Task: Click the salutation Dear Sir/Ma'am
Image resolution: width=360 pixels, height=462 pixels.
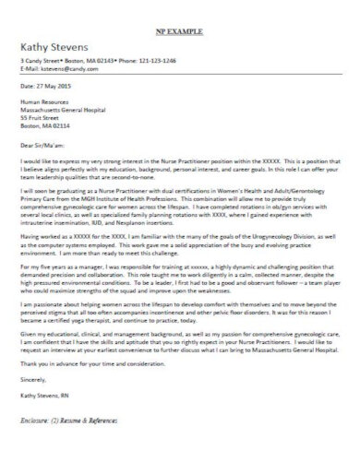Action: click(45, 144)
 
